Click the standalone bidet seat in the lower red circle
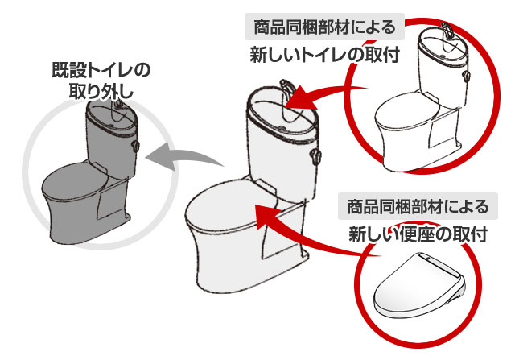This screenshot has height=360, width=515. pyautogui.click(x=418, y=286)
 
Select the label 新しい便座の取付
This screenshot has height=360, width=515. pyautogui.click(x=418, y=234)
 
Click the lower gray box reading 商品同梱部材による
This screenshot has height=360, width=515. pyautogui.click(x=418, y=207)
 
